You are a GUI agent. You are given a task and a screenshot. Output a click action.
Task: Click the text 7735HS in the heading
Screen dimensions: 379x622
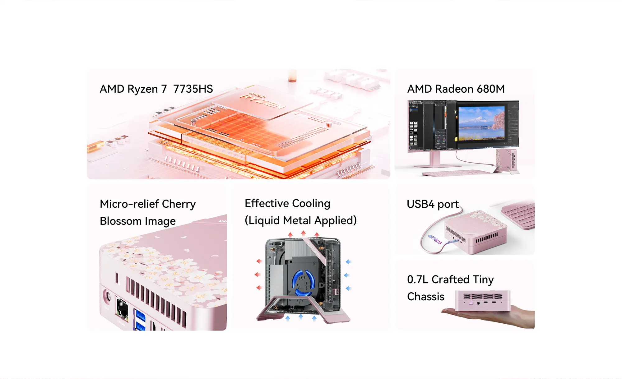coord(193,89)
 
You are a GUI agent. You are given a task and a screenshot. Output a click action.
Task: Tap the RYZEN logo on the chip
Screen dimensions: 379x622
coord(263,101)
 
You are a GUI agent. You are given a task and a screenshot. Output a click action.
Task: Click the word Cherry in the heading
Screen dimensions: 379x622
coord(179,204)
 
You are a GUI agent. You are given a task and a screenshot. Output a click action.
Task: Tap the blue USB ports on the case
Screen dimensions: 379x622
coord(140,320)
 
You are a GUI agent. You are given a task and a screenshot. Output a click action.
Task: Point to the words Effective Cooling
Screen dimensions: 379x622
coord(287,203)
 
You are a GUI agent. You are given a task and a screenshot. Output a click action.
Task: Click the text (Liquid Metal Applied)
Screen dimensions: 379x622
coord(300,220)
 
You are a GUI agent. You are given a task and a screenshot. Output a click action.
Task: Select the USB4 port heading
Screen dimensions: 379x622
coord(433,204)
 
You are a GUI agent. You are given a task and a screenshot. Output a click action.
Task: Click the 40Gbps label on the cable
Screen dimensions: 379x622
coord(435,239)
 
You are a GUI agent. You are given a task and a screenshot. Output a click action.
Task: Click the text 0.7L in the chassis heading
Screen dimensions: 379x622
coord(418,280)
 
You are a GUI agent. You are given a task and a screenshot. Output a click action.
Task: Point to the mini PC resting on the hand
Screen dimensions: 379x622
coord(483,300)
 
